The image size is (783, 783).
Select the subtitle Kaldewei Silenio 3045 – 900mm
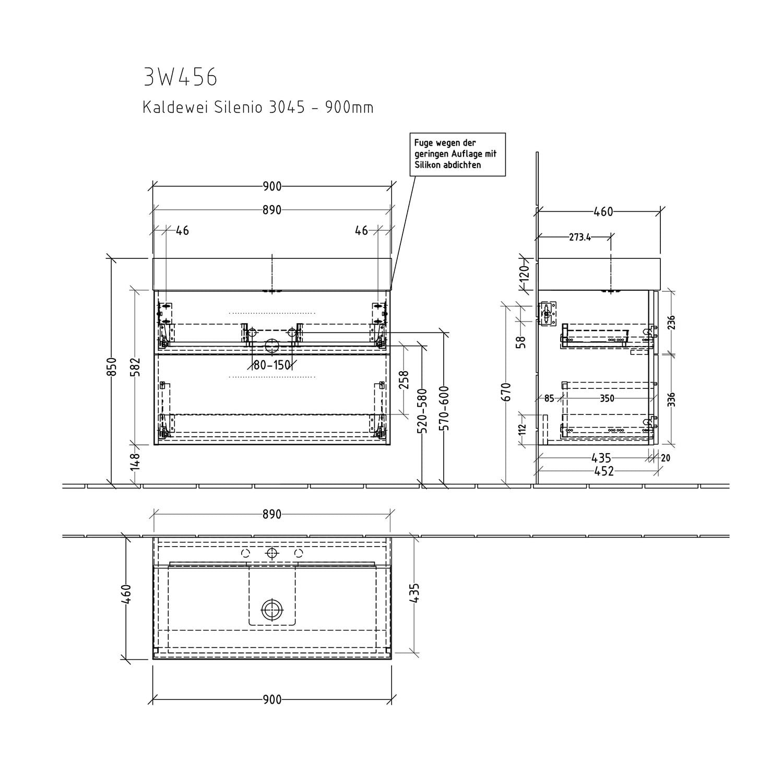[x=258, y=108]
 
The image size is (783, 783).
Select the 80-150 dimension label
[x=272, y=365]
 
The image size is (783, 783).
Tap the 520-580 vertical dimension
[x=423, y=411]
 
